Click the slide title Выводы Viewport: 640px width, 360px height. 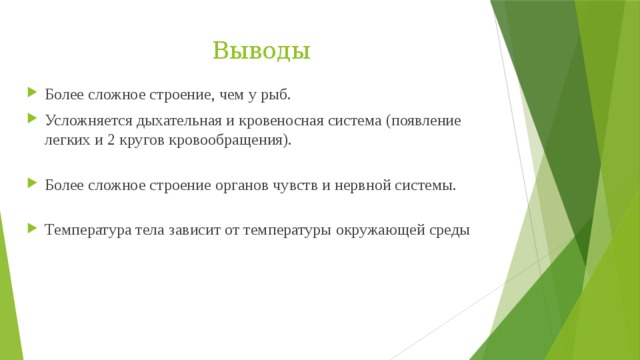pyautogui.click(x=261, y=50)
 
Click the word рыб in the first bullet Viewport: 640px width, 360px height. pyautogui.click(x=276, y=95)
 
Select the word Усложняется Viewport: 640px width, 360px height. pyautogui.click(x=83, y=120)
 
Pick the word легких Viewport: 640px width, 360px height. pyautogui.click(x=66, y=141)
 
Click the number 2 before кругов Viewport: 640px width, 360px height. pyautogui.click(x=109, y=141)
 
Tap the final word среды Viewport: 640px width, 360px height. pyautogui.click(x=447, y=230)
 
